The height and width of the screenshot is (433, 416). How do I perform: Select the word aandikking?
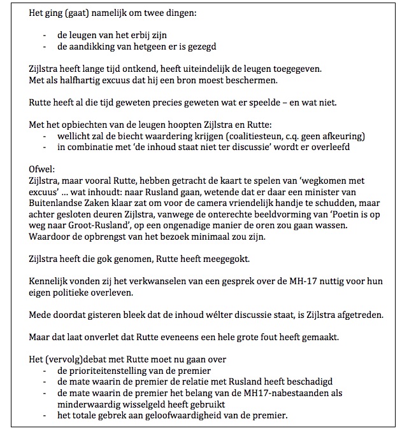click(90, 47)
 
